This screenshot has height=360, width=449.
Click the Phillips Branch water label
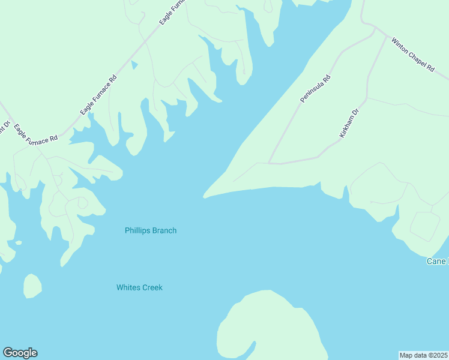pyautogui.click(x=150, y=230)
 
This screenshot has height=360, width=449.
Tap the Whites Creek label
pyautogui.click(x=139, y=287)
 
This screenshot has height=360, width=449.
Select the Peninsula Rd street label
pyautogui.click(x=316, y=88)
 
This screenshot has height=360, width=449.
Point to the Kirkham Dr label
pyautogui.click(x=348, y=124)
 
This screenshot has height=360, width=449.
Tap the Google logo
pyautogui.click(x=20, y=353)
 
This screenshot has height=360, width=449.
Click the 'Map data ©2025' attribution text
pyautogui.click(x=423, y=355)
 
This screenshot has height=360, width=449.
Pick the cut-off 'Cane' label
pyautogui.click(x=437, y=261)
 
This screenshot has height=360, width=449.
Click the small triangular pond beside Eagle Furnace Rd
pyautogui.click(x=134, y=64)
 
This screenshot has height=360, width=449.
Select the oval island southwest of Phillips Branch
pyautogui.click(x=32, y=286)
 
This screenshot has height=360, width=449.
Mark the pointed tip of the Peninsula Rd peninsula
pyautogui.click(x=206, y=195)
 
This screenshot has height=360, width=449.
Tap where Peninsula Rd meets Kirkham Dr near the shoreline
pyautogui.click(x=270, y=163)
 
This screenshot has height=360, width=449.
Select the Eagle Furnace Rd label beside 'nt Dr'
pyautogui.click(x=36, y=133)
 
